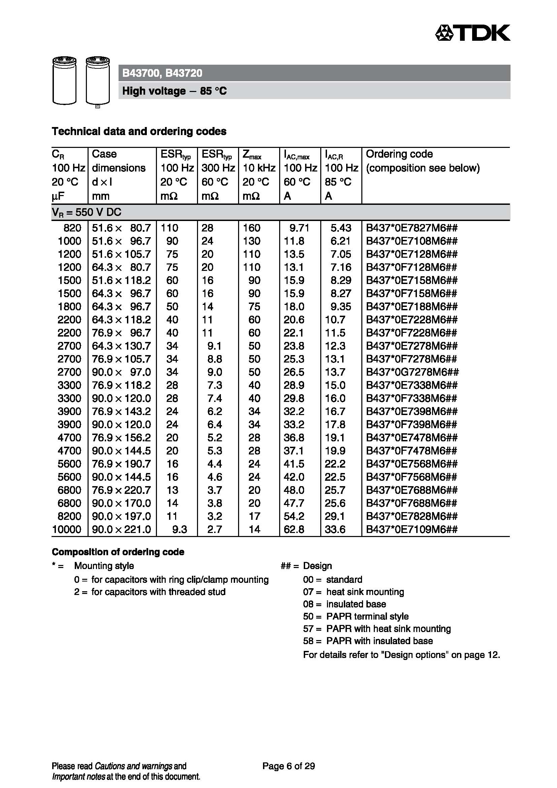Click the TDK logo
coord(472,33)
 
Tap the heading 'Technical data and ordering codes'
coord(139,131)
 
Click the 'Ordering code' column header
coord(399,154)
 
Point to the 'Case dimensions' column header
coord(119,161)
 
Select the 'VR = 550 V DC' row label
coord(87,213)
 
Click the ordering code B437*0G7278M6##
coord(412,372)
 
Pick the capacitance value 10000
coord(67,529)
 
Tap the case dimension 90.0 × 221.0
coord(122,529)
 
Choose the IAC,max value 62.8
coord(294,529)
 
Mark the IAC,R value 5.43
coord(341,228)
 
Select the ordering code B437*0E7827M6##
coord(412,228)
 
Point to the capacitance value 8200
coord(70,516)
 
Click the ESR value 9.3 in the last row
coord(179,529)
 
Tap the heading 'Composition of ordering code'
coord(118,552)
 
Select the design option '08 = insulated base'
coord(345,604)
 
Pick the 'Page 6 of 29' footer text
coord(289,766)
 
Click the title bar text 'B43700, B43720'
coord(162,73)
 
